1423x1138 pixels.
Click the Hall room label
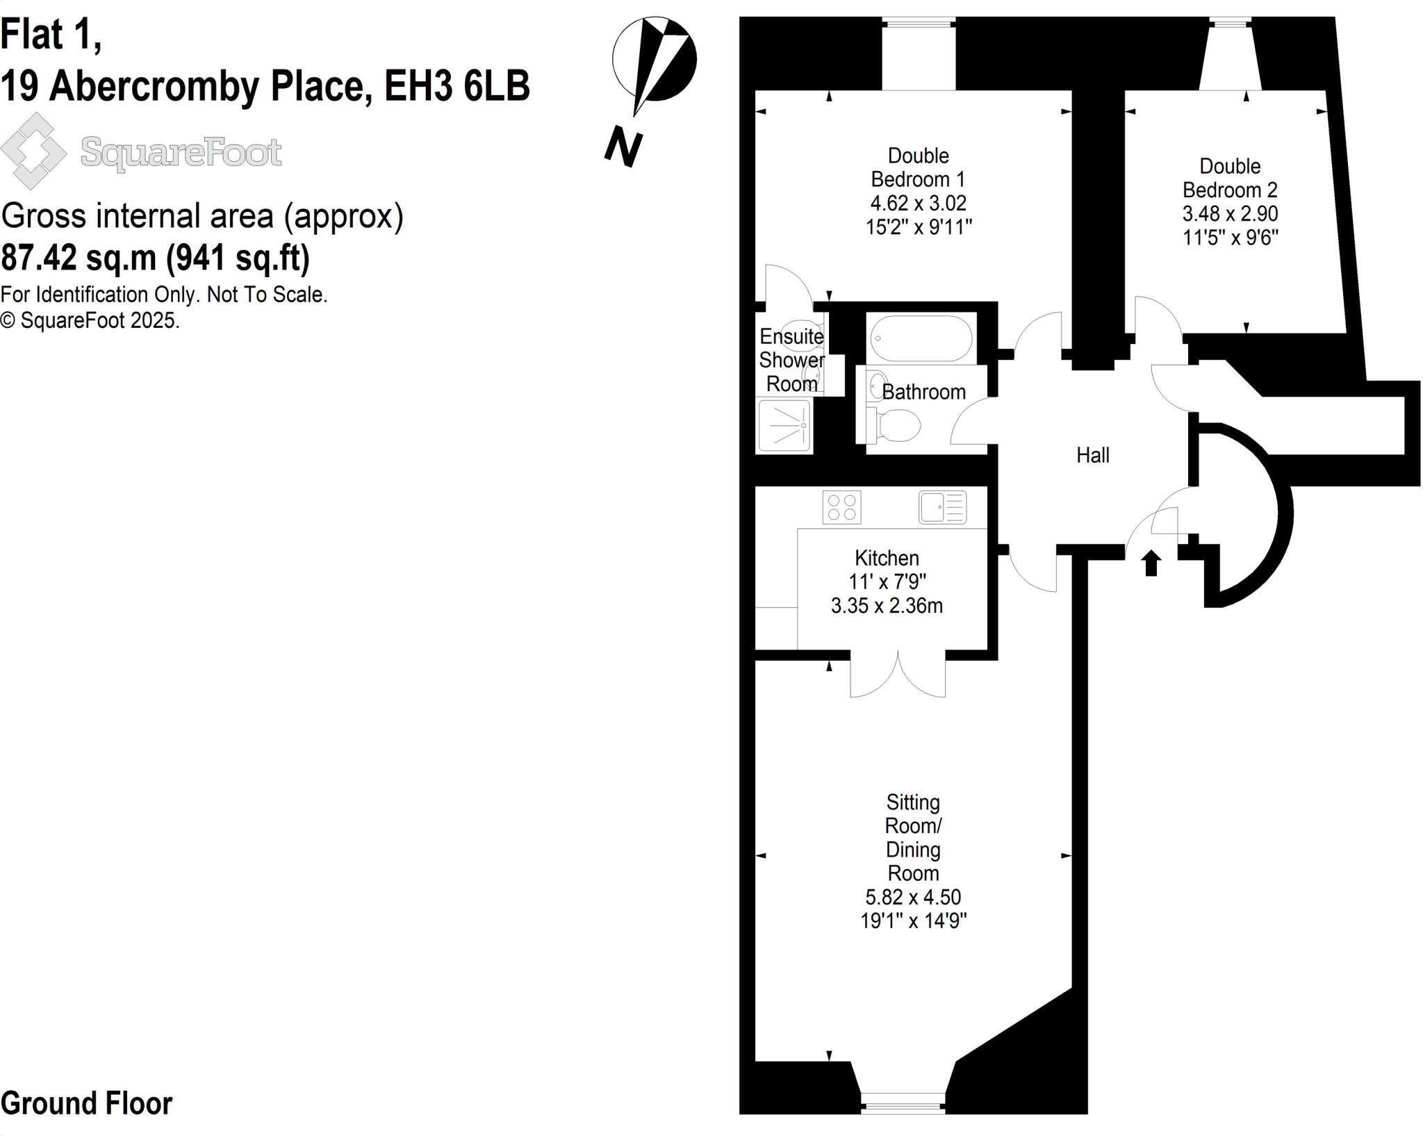point(1092,455)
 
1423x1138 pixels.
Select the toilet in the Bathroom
point(896,424)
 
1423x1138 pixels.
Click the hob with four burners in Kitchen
point(841,506)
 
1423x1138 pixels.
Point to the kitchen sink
point(942,506)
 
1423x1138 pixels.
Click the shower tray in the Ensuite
point(784,425)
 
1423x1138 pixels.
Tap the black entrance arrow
point(1151,562)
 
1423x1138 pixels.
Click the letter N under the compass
point(623,147)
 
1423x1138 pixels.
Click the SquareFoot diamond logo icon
point(33,151)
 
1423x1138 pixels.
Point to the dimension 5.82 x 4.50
point(913,896)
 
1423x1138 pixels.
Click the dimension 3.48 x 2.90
point(1230,213)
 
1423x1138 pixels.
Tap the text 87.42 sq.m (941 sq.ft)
point(156,258)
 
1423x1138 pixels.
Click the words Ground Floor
point(87,1103)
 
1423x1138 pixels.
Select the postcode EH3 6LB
point(456,86)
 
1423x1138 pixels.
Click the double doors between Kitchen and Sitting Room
point(898,674)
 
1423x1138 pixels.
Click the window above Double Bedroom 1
point(918,23)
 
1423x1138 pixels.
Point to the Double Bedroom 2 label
point(1230,178)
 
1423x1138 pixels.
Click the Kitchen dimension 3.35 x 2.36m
point(887,605)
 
